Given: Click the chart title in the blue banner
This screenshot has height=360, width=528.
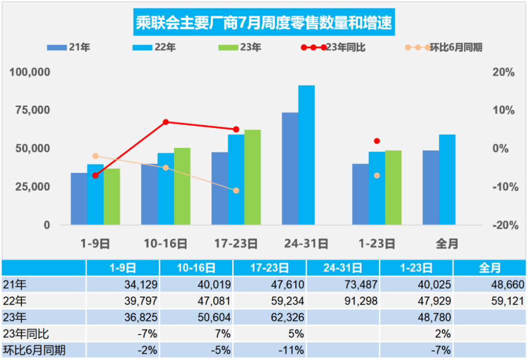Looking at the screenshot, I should point(264,23).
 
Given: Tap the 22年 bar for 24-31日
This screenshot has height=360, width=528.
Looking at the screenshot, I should point(306,155).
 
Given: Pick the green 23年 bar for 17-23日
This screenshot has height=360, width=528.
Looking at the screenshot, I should point(252,177).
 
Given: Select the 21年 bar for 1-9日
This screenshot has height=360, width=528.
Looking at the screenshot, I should point(79,199).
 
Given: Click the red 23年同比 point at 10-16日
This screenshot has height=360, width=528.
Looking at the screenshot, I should point(166,122).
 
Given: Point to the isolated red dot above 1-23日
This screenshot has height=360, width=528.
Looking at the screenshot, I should point(377,141).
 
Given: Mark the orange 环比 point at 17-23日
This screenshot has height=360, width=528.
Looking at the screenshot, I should point(236,190).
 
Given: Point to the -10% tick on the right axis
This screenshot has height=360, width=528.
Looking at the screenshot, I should point(503,187).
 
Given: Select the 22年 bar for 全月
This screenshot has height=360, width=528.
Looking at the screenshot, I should point(447,179).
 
